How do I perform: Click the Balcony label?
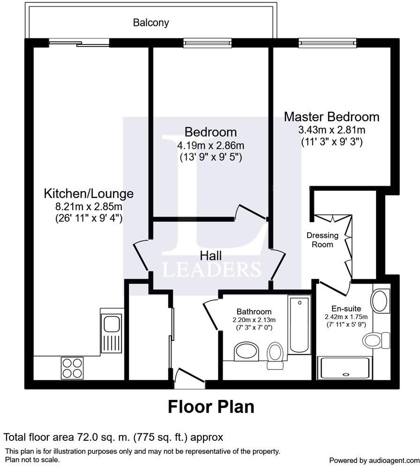coord(150,23)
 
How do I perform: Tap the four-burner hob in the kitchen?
coord(72,368)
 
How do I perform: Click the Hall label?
coord(210,256)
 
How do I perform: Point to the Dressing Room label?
coord(320,239)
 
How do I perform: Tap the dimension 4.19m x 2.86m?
coord(210,146)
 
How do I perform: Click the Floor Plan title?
coord(211,407)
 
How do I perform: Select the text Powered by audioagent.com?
coord(373,460)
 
